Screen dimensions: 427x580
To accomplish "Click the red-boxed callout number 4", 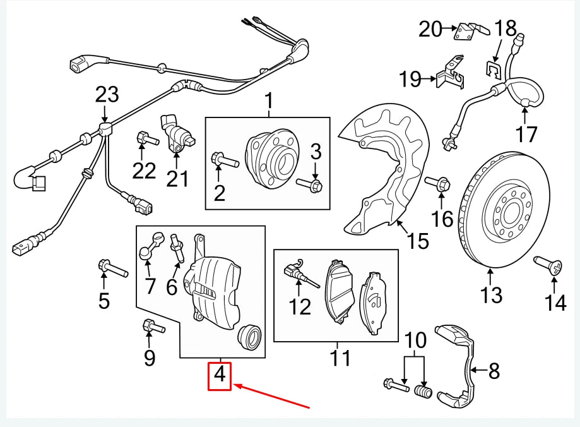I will pos(220,375).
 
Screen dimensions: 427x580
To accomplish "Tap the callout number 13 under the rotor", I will pos(491,295).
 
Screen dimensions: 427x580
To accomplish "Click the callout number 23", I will pos(107,95).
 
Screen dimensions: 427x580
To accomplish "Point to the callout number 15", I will pos(418,241).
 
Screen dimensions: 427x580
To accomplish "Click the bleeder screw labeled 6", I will pos(177,246).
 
